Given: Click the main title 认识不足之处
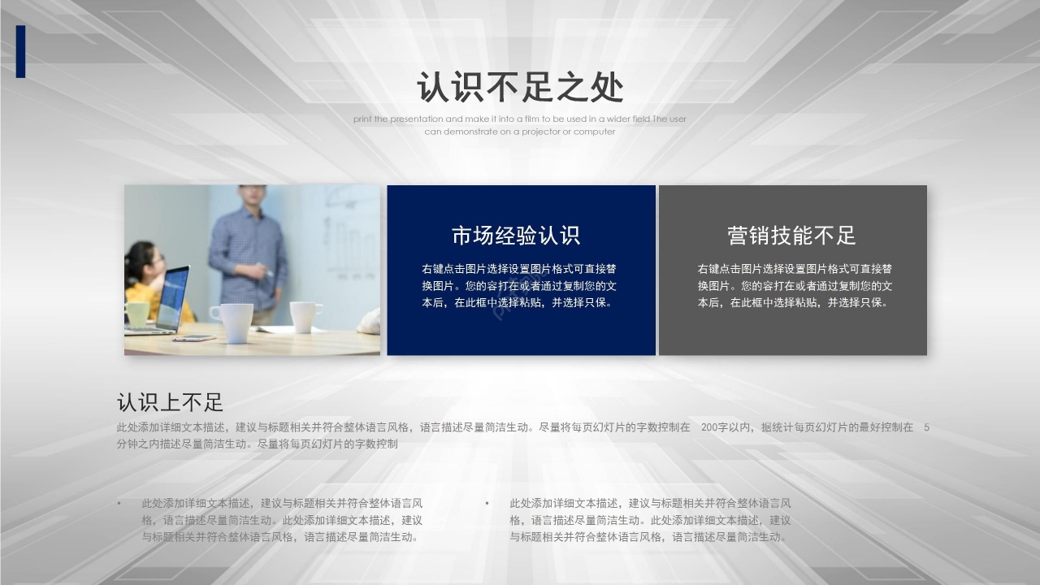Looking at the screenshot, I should click(x=520, y=88).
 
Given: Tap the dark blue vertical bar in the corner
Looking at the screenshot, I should click(x=20, y=51).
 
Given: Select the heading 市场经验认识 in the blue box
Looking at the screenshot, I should click(x=516, y=236).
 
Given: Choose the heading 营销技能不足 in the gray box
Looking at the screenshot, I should click(x=792, y=236).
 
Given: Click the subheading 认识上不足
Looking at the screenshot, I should click(x=170, y=402).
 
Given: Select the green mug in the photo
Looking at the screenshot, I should click(x=137, y=314).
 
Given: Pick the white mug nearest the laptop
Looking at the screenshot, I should click(x=230, y=321).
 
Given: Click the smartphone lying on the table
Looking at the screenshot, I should click(x=193, y=337).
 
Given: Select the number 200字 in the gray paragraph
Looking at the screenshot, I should click(x=715, y=427).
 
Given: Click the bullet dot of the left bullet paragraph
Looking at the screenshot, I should click(x=119, y=504).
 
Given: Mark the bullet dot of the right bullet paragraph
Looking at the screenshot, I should click(x=487, y=504).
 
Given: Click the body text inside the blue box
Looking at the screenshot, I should click(x=519, y=286).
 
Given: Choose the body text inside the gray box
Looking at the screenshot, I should click(x=795, y=286).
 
